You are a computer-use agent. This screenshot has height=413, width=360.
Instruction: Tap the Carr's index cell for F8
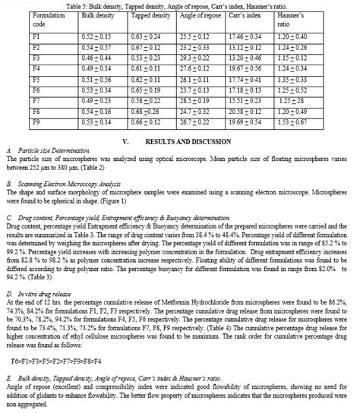pos(245,110)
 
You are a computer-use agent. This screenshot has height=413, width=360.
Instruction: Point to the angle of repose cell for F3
pos(194,58)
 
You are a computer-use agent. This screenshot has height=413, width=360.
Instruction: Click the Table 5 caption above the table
pos(180,5)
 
